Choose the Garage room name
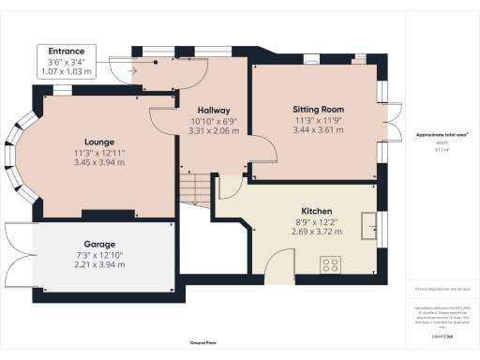[98, 242]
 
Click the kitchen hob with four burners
[331, 262]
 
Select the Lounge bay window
[26, 159]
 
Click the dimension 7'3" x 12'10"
[98, 253]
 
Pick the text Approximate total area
[442, 135]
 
